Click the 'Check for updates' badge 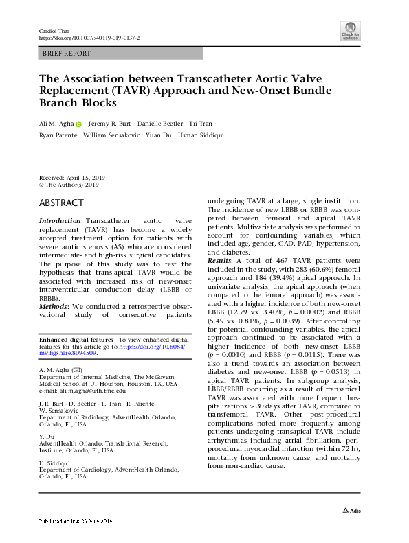coord(350,30)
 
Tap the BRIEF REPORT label coord(67,53)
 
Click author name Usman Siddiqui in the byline coord(203,135)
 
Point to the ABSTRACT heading coord(62,203)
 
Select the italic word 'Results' coord(220,262)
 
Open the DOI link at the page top coord(89,39)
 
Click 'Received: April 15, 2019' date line coord(71,177)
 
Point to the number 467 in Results coord(271,262)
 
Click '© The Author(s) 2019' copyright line coord(69,185)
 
